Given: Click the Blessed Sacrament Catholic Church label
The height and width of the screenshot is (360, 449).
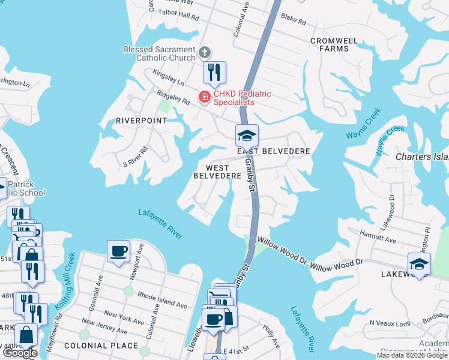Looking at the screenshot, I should click(158, 53).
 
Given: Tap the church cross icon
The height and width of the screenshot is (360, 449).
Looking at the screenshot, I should click(204, 52).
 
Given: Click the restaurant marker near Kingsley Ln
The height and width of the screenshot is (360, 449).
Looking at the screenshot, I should click(214, 73).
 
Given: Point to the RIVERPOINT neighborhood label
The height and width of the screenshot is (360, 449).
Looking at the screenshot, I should click(141, 121).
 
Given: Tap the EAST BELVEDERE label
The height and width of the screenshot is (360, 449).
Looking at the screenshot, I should click(273, 151).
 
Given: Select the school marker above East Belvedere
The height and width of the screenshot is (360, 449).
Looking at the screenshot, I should click(247, 136).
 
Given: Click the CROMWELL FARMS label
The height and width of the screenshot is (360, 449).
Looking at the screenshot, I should click(334, 45).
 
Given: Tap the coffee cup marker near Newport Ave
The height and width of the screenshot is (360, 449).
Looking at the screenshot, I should click(118, 250).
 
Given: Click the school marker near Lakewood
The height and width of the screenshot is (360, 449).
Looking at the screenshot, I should click(418, 263).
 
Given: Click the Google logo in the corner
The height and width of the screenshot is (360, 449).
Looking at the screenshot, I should click(20, 353).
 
